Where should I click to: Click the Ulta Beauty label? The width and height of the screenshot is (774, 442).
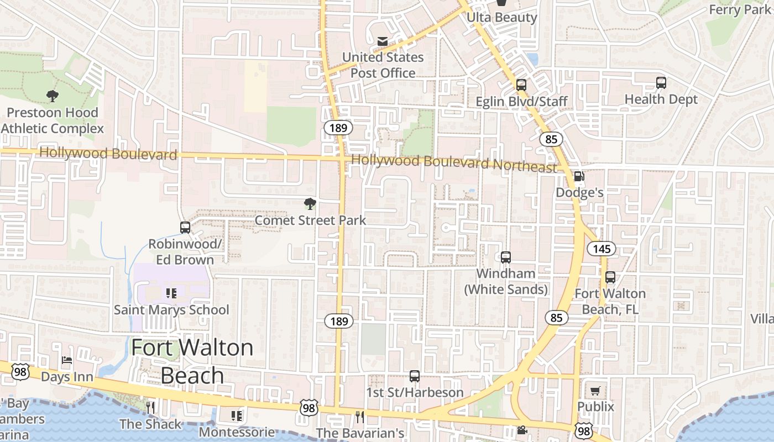tap(501, 18)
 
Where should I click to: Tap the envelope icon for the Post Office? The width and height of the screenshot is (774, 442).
tap(382, 41)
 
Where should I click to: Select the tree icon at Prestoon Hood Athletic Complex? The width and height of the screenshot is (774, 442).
tap(53, 96)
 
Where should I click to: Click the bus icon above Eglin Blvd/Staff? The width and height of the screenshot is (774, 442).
tap(521, 85)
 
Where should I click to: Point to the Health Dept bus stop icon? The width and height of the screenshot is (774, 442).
tap(661, 83)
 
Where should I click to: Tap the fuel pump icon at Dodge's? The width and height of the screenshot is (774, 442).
tap(579, 176)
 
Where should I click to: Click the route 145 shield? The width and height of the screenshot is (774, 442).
tap(602, 249)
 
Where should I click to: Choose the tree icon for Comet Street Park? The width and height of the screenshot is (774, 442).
tap(310, 204)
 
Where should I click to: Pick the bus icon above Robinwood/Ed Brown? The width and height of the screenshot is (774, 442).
tap(185, 228)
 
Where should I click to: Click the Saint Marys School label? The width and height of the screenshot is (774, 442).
tap(171, 310)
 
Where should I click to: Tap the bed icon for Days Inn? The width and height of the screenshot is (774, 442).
tap(67, 361)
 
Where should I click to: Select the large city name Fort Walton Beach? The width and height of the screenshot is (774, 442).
tap(192, 361)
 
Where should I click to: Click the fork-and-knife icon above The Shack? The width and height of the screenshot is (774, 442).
tap(150, 408)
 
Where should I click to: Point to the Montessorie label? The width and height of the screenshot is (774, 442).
tap(237, 432)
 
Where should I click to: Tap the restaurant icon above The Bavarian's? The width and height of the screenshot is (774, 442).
tap(360, 417)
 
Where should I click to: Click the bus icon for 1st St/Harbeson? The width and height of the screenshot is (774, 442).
tap(415, 376)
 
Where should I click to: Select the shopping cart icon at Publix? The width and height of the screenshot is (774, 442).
tap(595, 391)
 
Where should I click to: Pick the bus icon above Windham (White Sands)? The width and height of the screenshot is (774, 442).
tap(506, 257)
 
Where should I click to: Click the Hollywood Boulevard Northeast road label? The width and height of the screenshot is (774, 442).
tap(454, 164)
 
